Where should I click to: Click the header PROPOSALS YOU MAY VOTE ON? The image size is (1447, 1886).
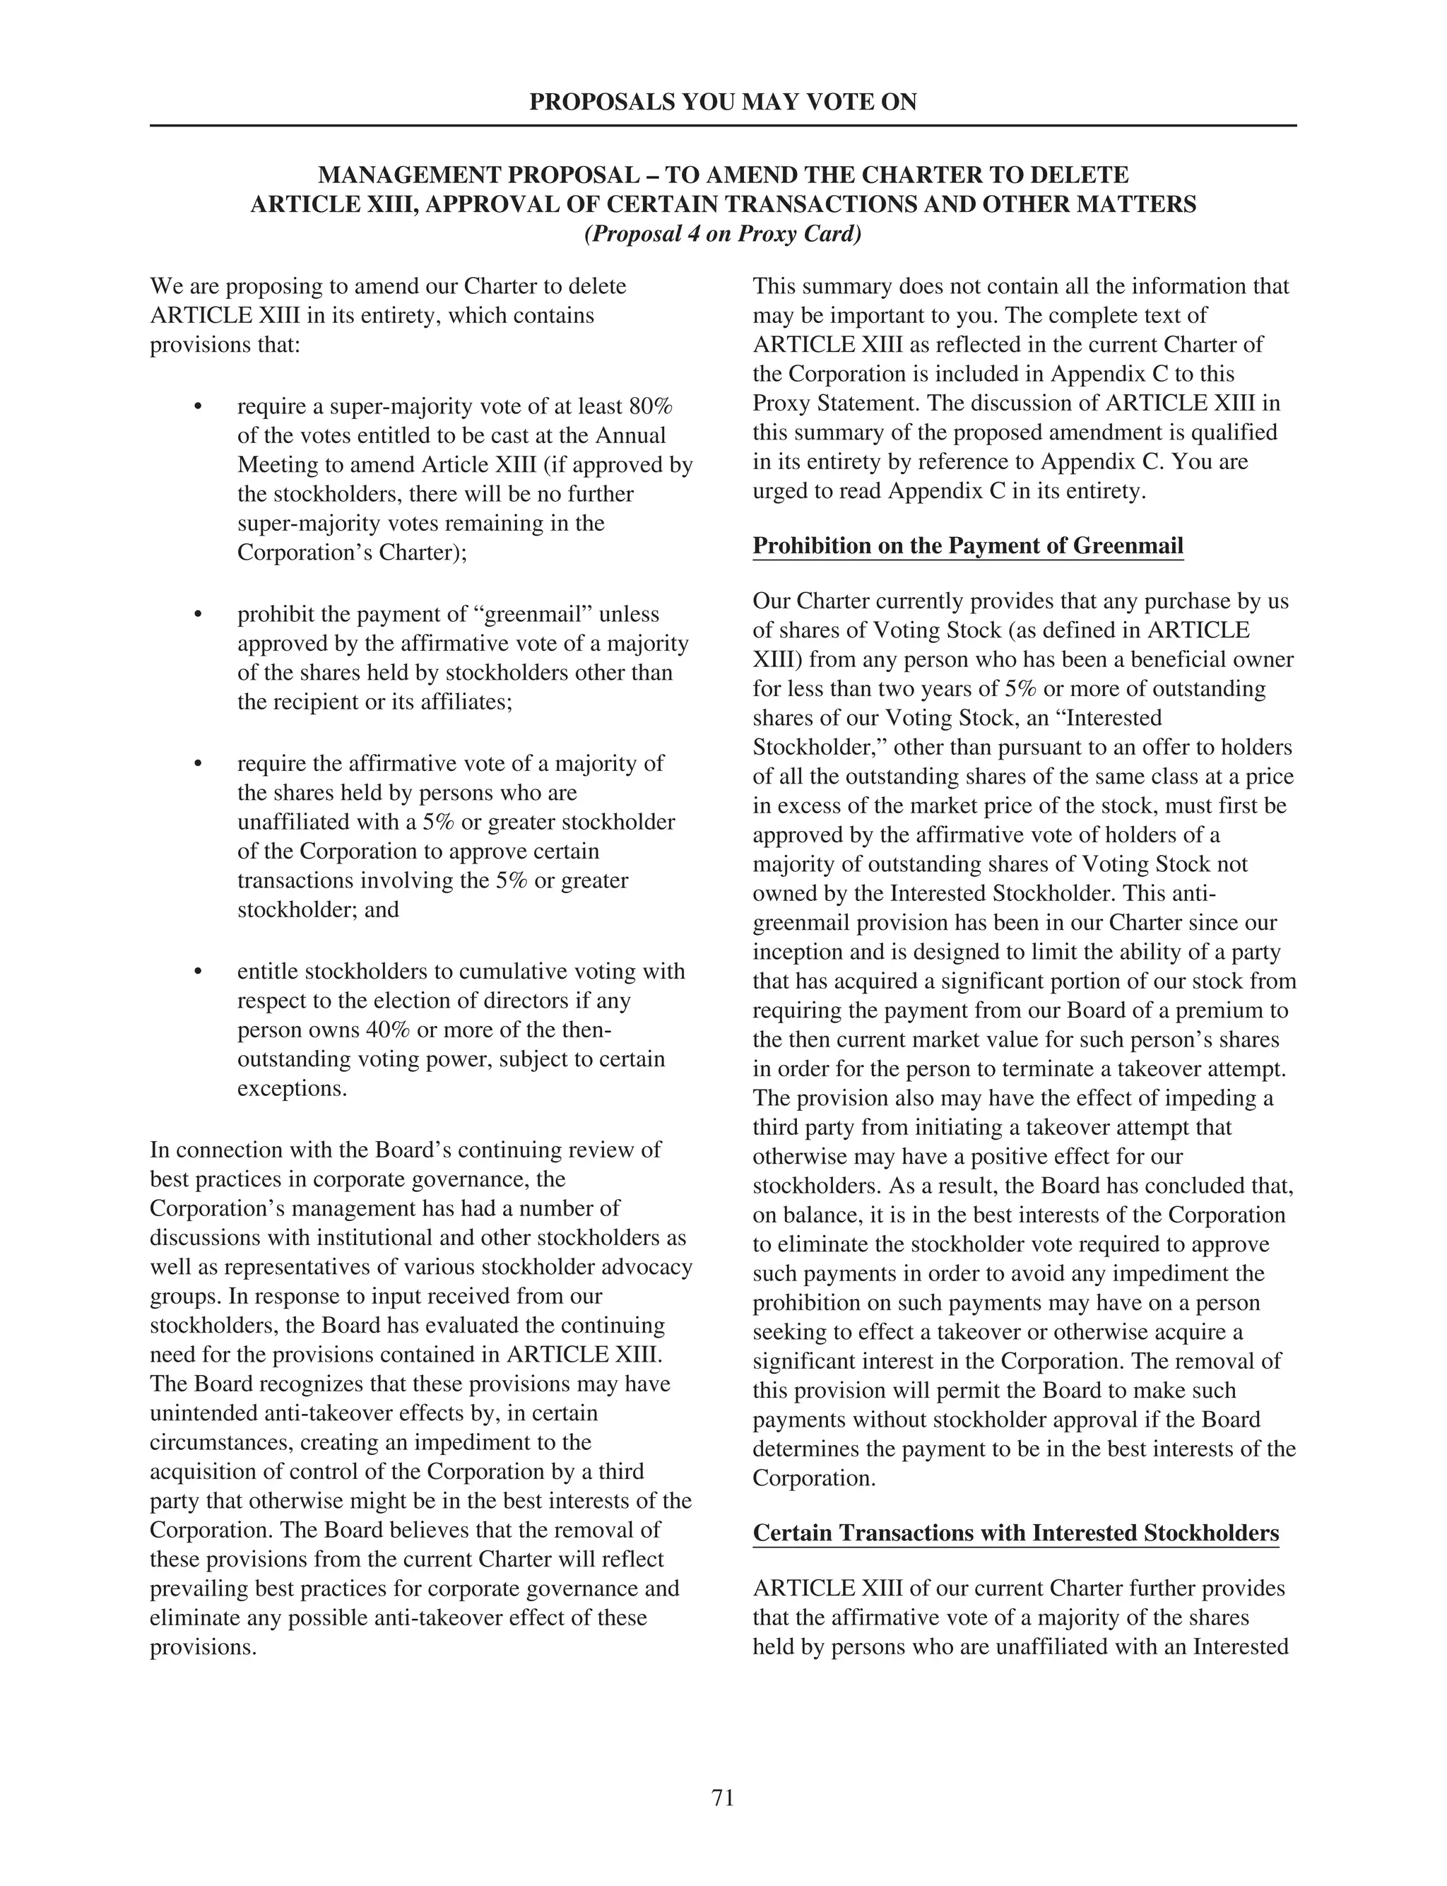(x=723, y=102)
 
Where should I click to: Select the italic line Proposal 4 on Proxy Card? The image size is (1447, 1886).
(x=723, y=234)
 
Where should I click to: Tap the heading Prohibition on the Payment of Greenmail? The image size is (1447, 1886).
(x=967, y=546)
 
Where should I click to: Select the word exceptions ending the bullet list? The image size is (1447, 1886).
(x=291, y=1088)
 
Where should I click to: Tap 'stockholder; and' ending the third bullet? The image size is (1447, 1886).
(x=318, y=909)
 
